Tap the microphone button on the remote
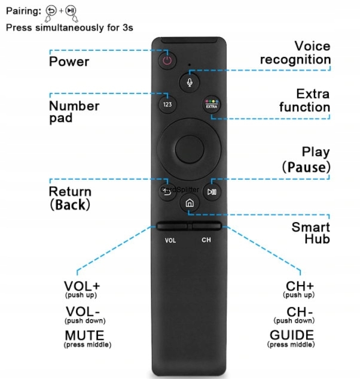coord(190,82)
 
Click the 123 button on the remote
coord(167,104)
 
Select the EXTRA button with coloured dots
coord(212,104)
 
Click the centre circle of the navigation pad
coord(190,149)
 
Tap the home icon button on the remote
coord(190,203)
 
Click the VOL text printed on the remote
coord(170,240)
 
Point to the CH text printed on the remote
coord(206,239)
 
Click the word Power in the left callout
coord(69,62)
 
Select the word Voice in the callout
coord(312,46)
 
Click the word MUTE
coord(84,335)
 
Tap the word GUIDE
coord(292,335)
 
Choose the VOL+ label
coord(82,286)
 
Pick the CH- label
coord(300,312)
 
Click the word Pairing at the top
coord(24,11)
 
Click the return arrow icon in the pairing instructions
coord(51,11)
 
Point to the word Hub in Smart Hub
coord(318,239)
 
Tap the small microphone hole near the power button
coord(190,65)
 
